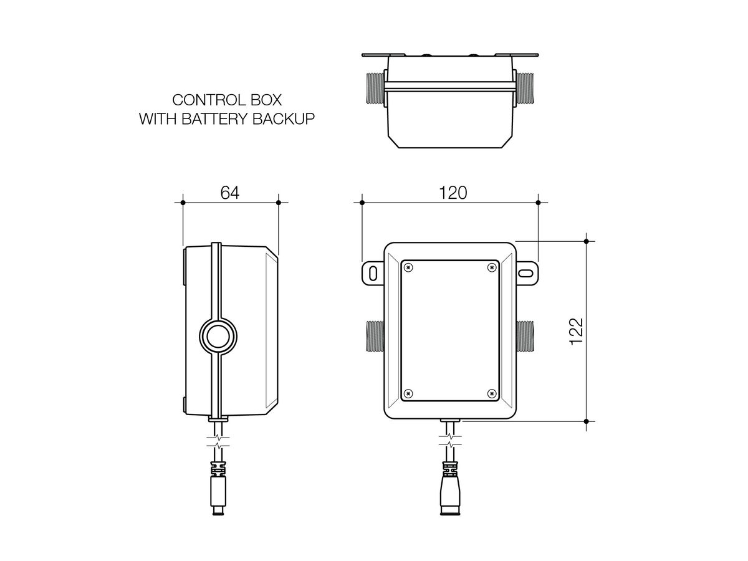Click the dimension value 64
point(230,193)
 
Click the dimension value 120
point(452,193)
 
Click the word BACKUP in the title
point(281,119)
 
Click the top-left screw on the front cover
point(408,267)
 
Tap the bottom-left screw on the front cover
point(408,393)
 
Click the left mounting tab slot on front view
point(372,273)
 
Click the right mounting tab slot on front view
point(527,273)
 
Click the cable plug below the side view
point(218,487)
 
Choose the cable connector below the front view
point(450,486)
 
